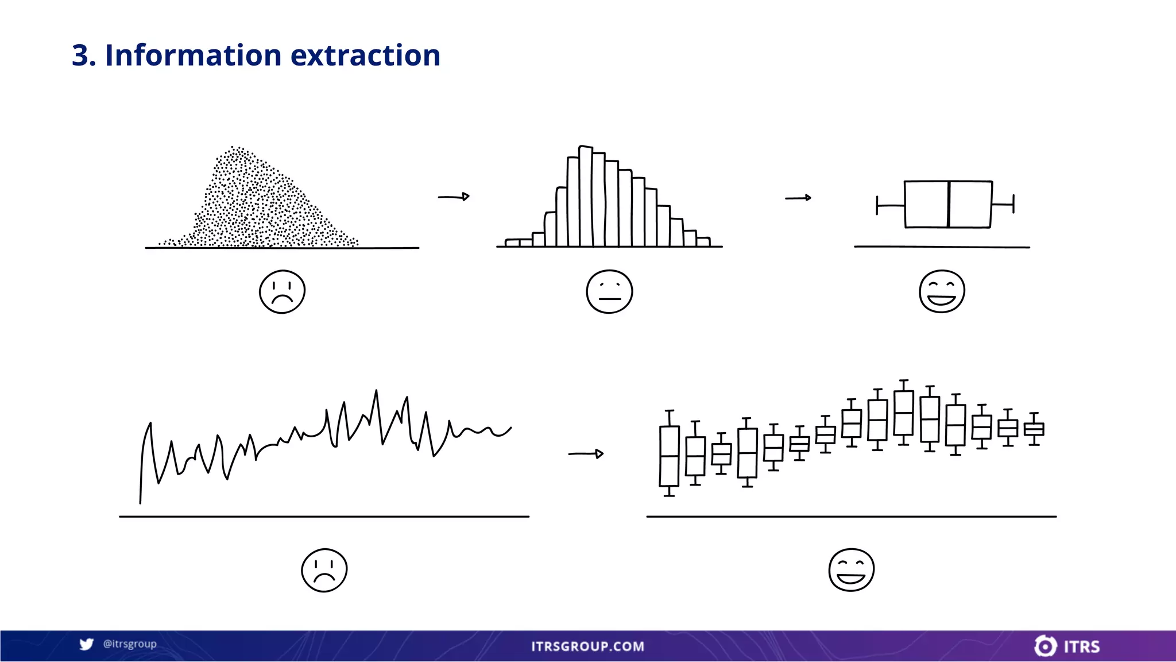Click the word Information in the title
[194, 55]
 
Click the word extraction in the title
[365, 55]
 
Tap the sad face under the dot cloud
[282, 291]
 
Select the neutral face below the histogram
[609, 291]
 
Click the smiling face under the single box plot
[942, 291]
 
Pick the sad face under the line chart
[324, 570]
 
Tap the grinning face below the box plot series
[851, 569]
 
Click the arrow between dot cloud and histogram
[454, 197]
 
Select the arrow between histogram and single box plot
[798, 198]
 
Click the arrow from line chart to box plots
[586, 453]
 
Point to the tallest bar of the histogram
[585, 195]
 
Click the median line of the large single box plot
[948, 204]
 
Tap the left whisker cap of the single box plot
[877, 205]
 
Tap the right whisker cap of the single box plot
[1013, 203]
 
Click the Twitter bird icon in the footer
[86, 644]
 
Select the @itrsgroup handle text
[130, 644]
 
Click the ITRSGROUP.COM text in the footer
[587, 646]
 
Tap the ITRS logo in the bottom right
[1067, 646]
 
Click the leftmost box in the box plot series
[669, 456]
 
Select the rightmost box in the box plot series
[1034, 429]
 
